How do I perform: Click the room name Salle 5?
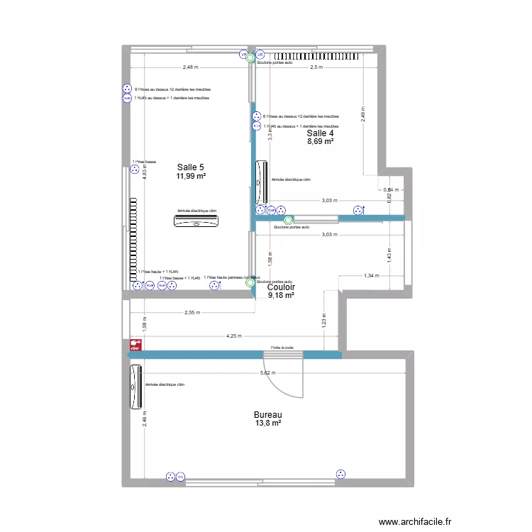click(191, 167)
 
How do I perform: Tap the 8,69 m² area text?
click(320, 142)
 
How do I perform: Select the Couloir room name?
click(282, 287)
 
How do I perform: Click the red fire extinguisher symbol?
click(134, 345)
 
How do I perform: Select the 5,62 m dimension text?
click(267, 373)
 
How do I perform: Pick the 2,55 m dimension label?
click(192, 312)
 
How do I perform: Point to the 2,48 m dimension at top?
click(190, 67)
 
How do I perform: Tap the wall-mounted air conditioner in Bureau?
click(135, 387)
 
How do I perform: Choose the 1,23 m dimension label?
click(323, 321)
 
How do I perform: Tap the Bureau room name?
click(267, 414)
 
